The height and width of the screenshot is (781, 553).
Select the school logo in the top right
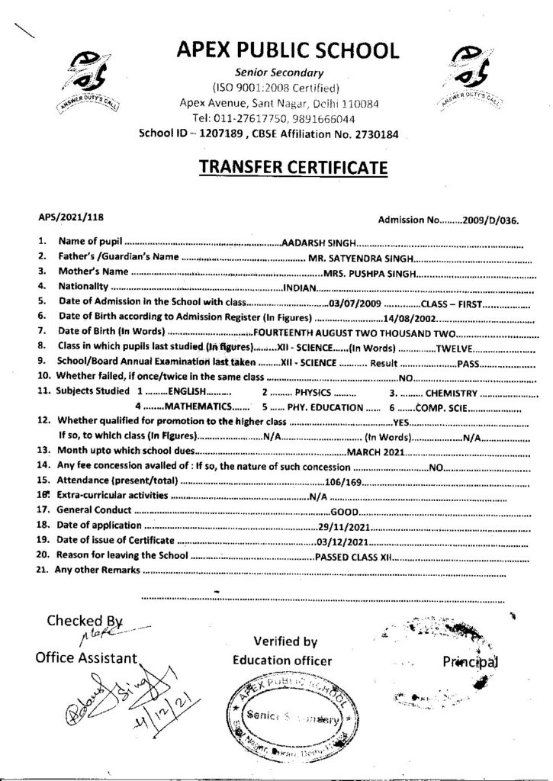[471, 79]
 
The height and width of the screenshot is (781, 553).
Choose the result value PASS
[467, 364]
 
